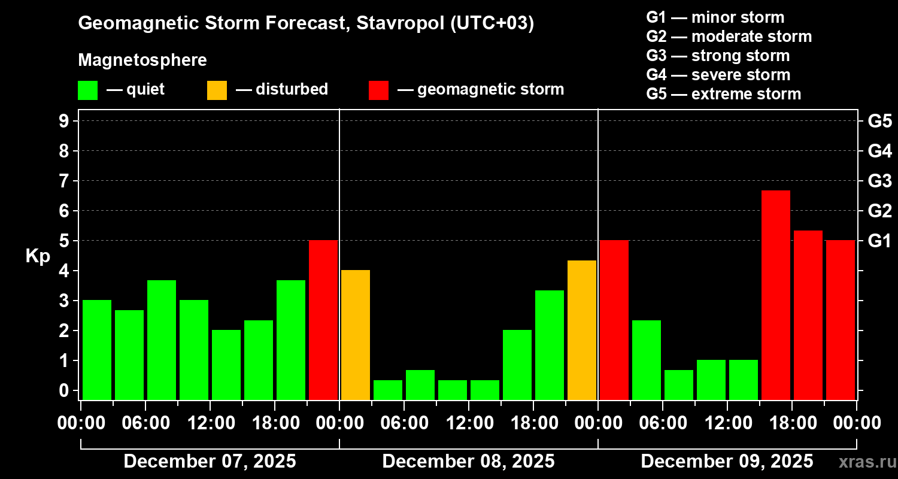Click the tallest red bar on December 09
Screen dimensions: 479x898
coord(775,295)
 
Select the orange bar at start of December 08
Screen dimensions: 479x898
coord(355,335)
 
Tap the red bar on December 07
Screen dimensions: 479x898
coord(323,320)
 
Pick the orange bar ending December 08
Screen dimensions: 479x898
coord(582,330)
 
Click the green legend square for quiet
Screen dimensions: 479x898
coord(87,90)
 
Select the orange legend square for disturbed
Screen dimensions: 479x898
coord(217,90)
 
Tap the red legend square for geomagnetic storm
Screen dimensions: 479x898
coord(378,90)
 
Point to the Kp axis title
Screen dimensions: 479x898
coord(38,256)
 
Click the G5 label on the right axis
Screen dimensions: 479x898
coord(879,121)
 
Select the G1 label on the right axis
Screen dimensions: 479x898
coord(879,241)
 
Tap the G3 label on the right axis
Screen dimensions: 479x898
coord(879,181)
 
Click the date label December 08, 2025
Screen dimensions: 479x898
coord(468,462)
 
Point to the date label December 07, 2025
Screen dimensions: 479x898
coord(210,462)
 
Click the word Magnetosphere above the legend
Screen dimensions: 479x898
coord(142,60)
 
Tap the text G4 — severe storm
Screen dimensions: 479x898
coord(718,75)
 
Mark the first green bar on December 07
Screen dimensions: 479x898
coord(97,350)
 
